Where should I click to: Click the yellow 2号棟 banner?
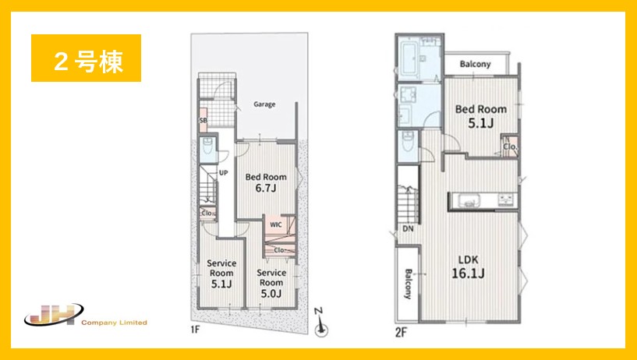(86, 58)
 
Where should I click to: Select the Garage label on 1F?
(264, 104)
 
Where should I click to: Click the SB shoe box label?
(203, 121)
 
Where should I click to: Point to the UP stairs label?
(224, 173)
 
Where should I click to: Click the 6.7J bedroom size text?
(266, 188)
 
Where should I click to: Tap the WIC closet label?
(276, 224)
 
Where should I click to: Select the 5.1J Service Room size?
(221, 284)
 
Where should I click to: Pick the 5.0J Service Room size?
(271, 293)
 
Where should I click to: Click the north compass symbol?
(321, 323)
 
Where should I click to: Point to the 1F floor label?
(196, 329)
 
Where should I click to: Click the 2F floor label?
(401, 333)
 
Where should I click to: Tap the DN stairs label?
(408, 229)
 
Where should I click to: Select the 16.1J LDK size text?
(468, 274)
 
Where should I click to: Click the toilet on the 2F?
(408, 141)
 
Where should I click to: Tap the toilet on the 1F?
(207, 146)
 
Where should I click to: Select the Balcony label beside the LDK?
(408, 284)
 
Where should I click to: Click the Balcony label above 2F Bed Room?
(476, 64)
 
